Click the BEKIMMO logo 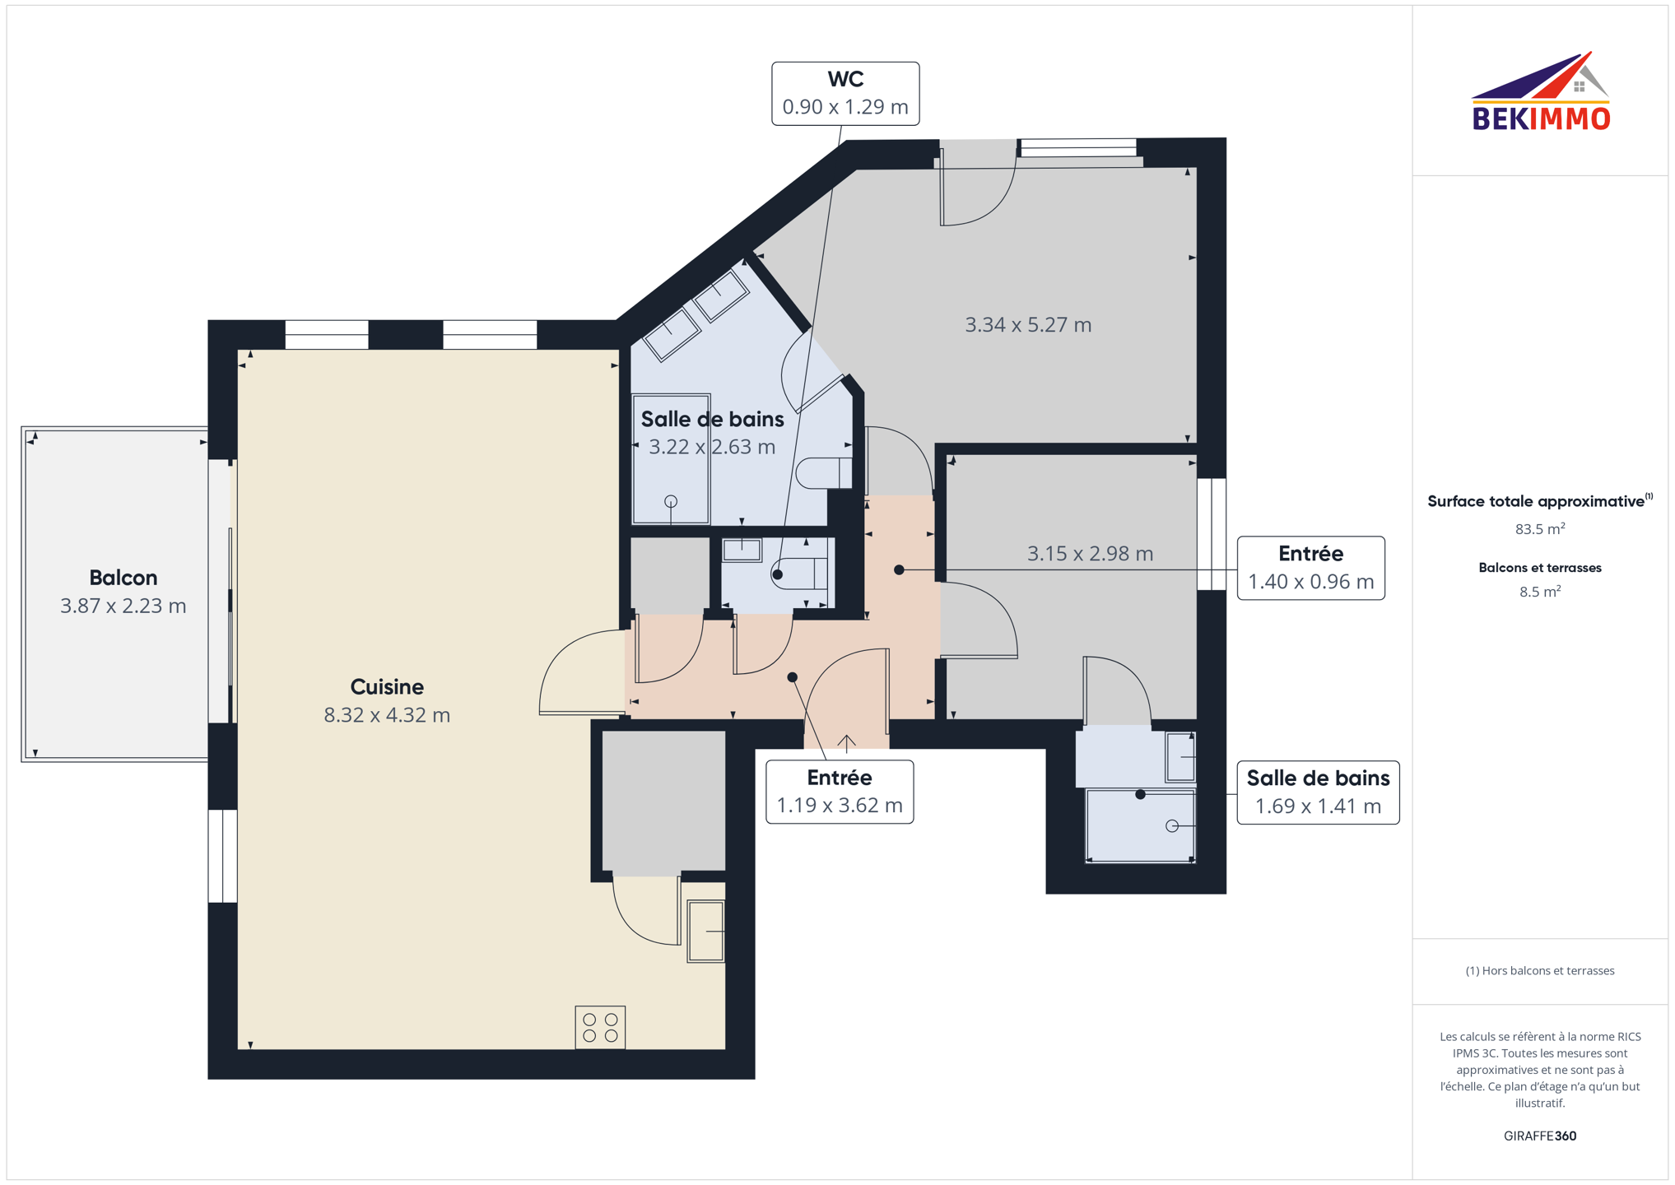pos(1540,91)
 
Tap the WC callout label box pos(844,93)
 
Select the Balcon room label pos(123,578)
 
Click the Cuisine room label pos(387,687)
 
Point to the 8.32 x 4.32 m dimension pos(387,715)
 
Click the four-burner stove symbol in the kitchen pos(600,1027)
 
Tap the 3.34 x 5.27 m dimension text pos(1028,325)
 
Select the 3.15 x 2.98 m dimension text pos(1090,554)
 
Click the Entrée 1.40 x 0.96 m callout pos(1310,569)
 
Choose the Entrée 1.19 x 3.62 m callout pos(840,792)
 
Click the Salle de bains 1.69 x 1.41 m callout pos(1318,792)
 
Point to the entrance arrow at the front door pos(847,743)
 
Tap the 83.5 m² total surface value pos(1540,529)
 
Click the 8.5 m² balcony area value pos(1540,592)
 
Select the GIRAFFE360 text pos(1540,1136)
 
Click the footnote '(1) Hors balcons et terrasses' pos(1540,971)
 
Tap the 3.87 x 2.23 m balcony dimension pos(123,606)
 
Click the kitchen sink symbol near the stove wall pos(705,932)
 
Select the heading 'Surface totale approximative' pos(1536,501)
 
